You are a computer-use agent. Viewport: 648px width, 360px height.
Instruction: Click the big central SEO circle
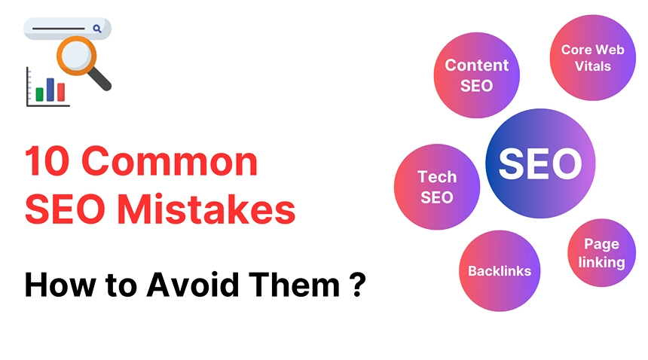[540, 163]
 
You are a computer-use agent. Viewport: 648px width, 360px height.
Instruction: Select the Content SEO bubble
[476, 75]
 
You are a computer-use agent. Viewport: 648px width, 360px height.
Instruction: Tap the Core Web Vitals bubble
[592, 58]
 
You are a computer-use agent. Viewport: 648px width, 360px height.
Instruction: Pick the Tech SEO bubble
[437, 187]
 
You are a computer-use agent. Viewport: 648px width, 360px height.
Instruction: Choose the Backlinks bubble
[500, 270]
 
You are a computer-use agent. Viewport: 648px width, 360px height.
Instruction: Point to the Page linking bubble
[601, 253]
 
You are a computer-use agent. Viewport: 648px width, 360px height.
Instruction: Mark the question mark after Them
[358, 285]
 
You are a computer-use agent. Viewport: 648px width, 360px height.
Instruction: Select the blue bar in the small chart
[50, 89]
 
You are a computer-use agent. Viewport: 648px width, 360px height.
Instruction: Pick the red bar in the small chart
[61, 92]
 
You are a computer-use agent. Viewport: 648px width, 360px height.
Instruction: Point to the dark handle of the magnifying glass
[101, 80]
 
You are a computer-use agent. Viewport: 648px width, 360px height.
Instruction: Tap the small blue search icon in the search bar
[97, 29]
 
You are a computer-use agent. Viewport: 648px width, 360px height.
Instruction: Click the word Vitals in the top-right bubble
[592, 66]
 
